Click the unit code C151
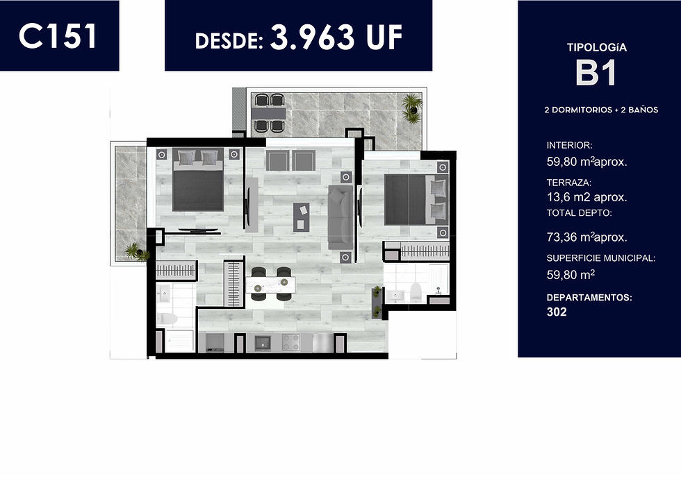click(x=57, y=36)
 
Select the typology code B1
click(x=596, y=73)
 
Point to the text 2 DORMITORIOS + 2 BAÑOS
click(x=601, y=110)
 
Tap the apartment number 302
click(x=557, y=312)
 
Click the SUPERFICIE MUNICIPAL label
click(x=600, y=258)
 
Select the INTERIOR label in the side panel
click(x=569, y=145)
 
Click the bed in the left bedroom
click(x=199, y=179)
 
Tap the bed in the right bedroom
click(x=416, y=199)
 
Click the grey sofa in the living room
click(x=340, y=217)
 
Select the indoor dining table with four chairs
click(x=270, y=284)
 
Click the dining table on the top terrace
click(x=270, y=113)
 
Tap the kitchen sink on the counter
click(x=262, y=343)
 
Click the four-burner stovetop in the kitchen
click(x=290, y=342)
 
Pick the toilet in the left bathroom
click(x=167, y=319)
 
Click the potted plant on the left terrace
click(x=136, y=251)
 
